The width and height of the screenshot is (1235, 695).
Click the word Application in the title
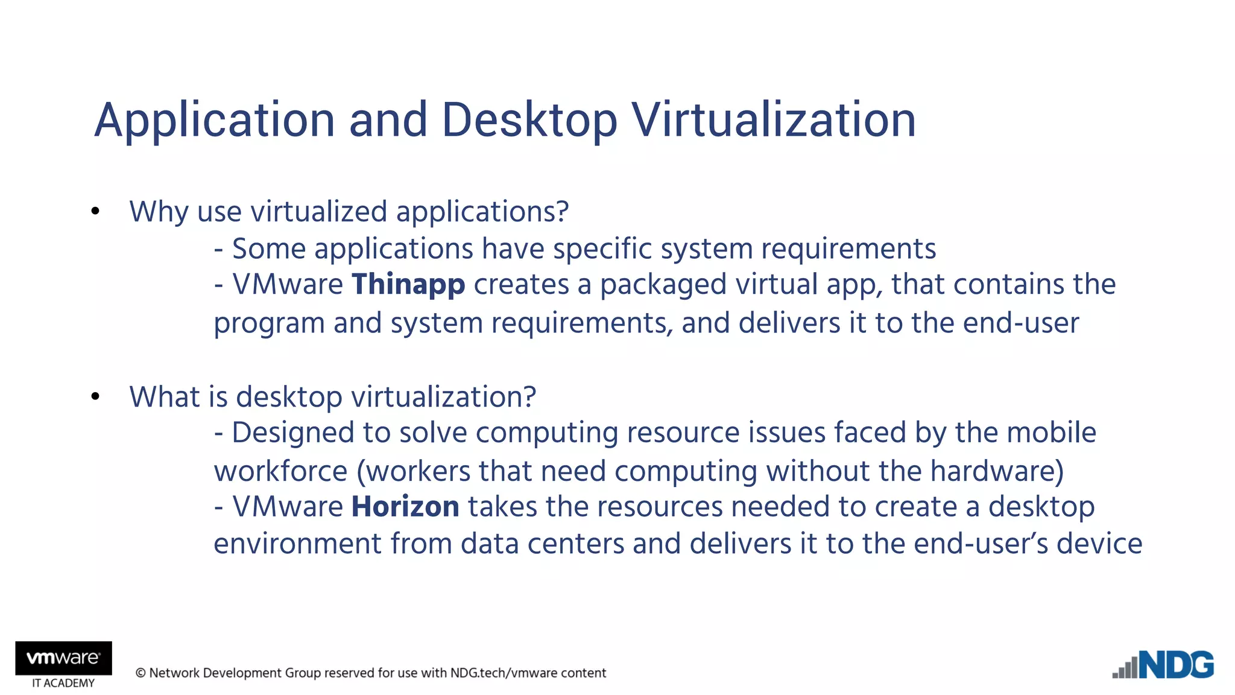tap(214, 121)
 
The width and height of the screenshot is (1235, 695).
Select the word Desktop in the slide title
tap(529, 121)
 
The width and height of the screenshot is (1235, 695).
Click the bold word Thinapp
tap(408, 285)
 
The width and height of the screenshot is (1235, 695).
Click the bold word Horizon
tap(405, 507)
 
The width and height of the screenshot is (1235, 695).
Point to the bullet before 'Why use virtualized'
tap(95, 212)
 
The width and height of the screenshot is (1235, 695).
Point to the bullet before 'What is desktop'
tap(95, 397)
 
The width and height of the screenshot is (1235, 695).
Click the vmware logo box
tap(63, 658)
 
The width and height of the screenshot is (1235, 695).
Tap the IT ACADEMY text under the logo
tap(63, 684)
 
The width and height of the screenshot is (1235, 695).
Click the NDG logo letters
tap(1177, 666)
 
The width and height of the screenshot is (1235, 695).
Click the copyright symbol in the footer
tap(141, 673)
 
